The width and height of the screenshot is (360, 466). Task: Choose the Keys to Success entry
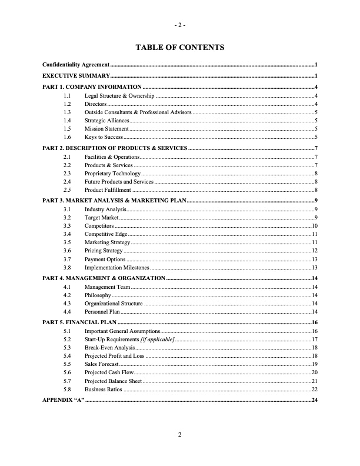(x=104, y=136)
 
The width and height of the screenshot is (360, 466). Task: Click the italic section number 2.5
(x=67, y=190)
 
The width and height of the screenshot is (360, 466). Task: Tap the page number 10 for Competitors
(x=315, y=225)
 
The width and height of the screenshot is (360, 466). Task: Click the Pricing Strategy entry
(x=104, y=251)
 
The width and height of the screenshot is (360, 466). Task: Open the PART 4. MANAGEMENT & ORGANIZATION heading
(x=104, y=278)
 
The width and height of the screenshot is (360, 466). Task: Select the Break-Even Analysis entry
(x=109, y=348)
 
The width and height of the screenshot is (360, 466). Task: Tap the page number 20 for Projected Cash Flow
(x=315, y=372)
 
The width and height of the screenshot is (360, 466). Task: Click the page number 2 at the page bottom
(x=180, y=435)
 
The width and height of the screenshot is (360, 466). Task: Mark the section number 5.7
(x=67, y=381)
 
